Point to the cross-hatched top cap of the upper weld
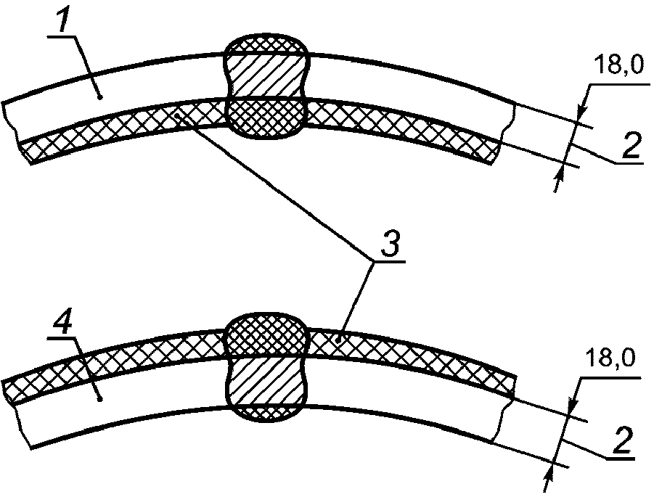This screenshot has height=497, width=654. (x=266, y=46)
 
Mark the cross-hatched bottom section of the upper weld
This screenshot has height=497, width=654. (x=266, y=116)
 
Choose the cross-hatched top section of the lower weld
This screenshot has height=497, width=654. (x=266, y=337)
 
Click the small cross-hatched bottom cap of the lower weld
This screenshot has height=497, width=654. (x=266, y=411)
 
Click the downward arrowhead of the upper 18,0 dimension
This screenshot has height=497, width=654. (x=581, y=112)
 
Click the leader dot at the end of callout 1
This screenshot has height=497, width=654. (x=100, y=95)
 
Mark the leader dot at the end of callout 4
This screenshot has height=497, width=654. (x=100, y=398)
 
